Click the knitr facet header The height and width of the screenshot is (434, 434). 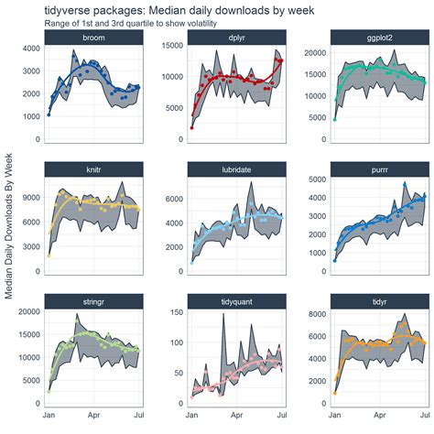point(93,170)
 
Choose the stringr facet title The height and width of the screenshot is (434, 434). point(93,301)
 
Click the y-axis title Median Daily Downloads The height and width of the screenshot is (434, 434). point(9,224)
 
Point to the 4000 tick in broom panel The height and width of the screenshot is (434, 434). point(29,49)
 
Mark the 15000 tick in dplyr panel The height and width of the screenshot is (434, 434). point(170,49)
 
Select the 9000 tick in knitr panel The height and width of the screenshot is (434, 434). point(29,195)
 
